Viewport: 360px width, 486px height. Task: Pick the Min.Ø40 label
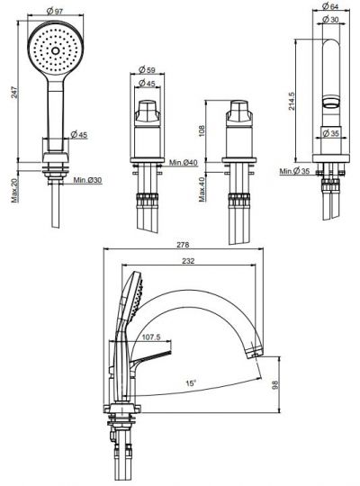click(185, 163)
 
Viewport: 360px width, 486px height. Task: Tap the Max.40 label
click(203, 190)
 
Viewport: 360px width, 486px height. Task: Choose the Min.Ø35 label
click(294, 170)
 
